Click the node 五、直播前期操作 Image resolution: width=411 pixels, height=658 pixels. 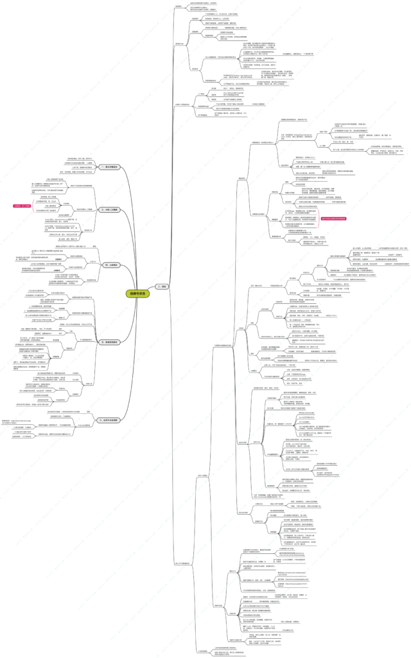[110, 342]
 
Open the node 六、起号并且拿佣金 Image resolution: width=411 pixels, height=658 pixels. [109, 420]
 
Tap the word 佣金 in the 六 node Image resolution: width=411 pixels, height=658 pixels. [117, 420]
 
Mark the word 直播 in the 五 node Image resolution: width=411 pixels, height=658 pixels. [107, 342]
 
